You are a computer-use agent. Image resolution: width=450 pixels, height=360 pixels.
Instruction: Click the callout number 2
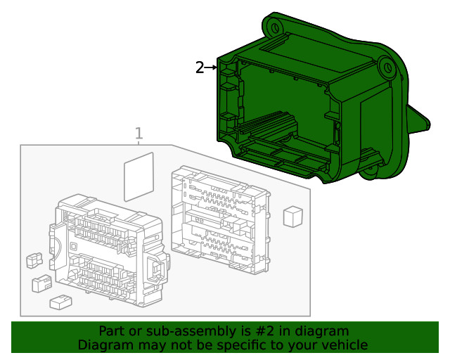coord(200,67)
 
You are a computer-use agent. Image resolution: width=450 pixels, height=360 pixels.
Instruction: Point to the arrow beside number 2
coord(211,67)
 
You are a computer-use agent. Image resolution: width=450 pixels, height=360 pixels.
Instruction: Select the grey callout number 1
coord(139,134)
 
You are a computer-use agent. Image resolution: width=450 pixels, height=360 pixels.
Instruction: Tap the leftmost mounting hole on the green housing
coord(275,27)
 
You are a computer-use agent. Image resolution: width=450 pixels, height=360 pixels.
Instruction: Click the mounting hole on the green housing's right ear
coord(386,68)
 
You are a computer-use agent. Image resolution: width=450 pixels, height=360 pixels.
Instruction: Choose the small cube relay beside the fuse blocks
coord(293,216)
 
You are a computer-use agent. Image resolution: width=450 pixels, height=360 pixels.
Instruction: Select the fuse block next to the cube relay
coord(219,219)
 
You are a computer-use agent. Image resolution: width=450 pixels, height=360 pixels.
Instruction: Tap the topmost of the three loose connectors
coord(32,261)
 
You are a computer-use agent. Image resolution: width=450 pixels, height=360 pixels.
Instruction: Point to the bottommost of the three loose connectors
coord(60,302)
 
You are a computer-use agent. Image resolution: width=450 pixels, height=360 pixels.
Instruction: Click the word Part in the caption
coord(112,331)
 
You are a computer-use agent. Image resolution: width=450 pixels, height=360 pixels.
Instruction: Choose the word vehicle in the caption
coord(343,345)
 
